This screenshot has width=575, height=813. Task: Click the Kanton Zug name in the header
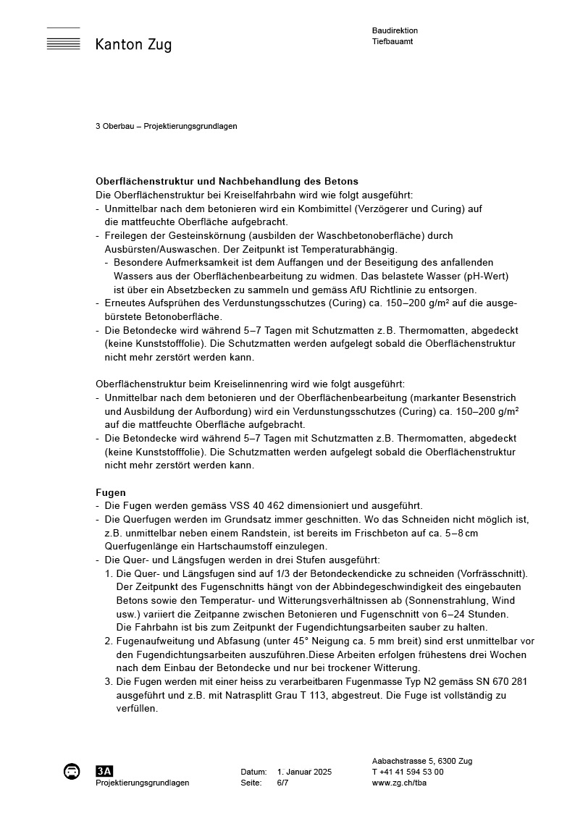point(133,45)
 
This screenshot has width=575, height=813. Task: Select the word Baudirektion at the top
point(395,30)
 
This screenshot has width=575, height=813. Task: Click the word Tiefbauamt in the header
point(393,41)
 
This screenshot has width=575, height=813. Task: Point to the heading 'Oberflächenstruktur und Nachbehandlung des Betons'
point(227,181)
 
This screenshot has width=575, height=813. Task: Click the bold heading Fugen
point(111,492)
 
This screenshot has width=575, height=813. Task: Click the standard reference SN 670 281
point(501,682)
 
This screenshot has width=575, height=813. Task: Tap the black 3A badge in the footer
point(104,771)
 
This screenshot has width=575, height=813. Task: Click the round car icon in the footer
point(72,772)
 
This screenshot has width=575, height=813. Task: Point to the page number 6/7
point(282,783)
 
